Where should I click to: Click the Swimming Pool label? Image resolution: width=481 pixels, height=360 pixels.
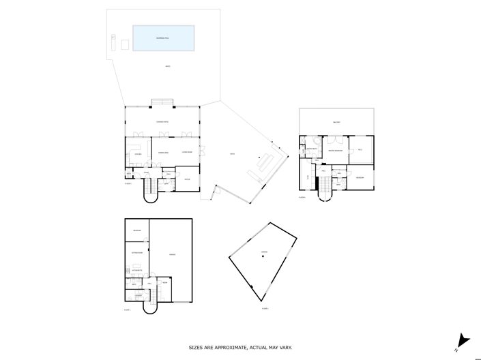163,37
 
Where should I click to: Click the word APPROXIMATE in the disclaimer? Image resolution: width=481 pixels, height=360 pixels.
230,348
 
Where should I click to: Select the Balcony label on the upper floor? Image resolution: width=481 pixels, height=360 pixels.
336,122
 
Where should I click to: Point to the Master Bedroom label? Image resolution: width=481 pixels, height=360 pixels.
335,151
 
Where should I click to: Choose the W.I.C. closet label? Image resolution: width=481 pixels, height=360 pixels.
360,149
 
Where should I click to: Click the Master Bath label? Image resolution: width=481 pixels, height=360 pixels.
312,148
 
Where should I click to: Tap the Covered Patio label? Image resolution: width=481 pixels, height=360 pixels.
162,122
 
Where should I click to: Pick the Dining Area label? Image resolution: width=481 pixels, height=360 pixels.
163,152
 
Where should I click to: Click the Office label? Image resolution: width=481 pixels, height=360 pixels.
187,179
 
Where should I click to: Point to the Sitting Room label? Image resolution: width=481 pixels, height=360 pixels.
136,253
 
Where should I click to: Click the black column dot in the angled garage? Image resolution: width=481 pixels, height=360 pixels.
262,256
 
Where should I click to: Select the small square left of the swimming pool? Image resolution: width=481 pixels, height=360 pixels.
125,44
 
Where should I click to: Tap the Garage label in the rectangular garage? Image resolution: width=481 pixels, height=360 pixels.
172,254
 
